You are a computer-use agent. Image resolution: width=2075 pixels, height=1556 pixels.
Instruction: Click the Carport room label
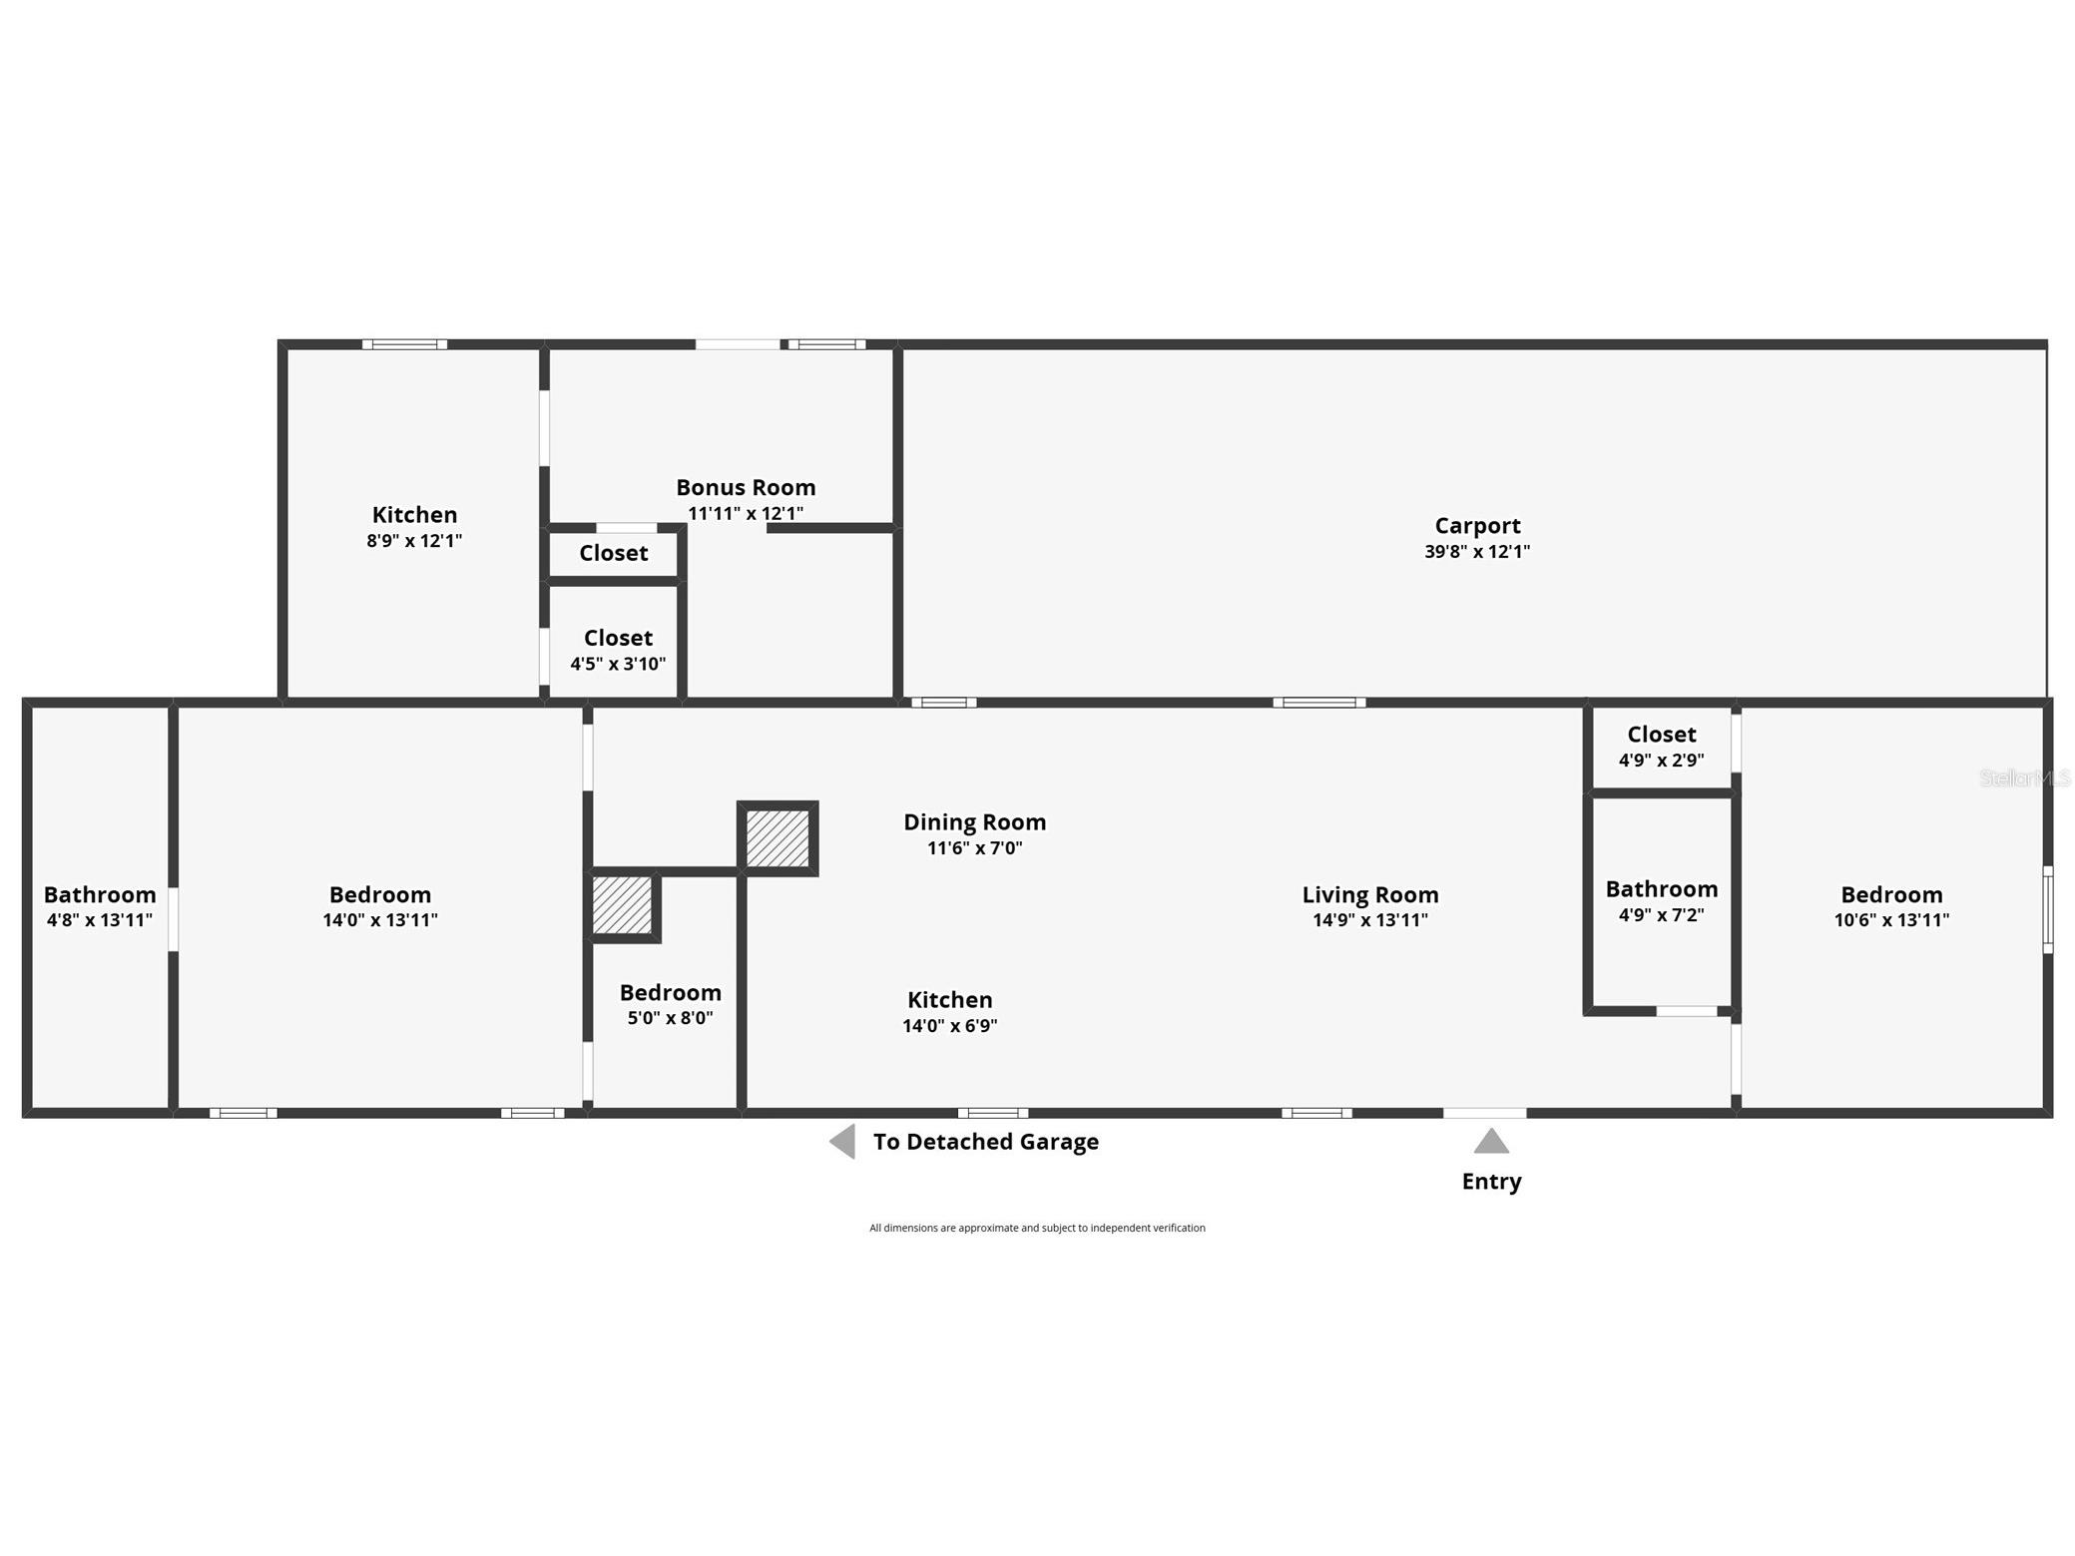click(x=1477, y=525)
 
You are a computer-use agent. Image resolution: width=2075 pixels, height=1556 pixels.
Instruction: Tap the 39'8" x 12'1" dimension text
click(x=1477, y=551)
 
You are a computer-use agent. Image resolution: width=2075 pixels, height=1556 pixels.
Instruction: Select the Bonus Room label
click(x=746, y=487)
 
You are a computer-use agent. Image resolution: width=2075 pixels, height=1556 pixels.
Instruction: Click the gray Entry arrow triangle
click(x=1490, y=1142)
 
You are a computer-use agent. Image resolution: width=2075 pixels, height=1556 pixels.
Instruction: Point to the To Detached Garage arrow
click(x=843, y=1141)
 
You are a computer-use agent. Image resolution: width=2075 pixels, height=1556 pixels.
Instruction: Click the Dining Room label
click(x=974, y=821)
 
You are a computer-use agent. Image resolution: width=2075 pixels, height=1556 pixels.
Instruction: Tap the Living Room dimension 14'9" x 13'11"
click(x=1369, y=920)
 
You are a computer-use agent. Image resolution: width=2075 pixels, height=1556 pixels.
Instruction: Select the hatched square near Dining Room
click(x=778, y=838)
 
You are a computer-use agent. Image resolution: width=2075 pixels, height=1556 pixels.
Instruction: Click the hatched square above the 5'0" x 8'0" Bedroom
click(x=623, y=905)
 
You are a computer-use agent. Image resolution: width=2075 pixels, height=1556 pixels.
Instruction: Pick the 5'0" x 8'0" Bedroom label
click(x=670, y=992)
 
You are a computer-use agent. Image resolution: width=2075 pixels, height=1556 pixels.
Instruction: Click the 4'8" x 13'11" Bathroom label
click(x=100, y=894)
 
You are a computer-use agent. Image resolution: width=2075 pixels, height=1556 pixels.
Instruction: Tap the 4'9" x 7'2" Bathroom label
click(x=1661, y=888)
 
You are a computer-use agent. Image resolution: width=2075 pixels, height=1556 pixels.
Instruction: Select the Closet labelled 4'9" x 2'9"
click(x=1661, y=735)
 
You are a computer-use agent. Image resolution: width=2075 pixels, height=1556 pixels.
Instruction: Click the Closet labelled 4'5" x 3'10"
click(x=618, y=638)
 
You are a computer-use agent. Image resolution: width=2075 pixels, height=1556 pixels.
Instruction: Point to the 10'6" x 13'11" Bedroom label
click(x=1891, y=894)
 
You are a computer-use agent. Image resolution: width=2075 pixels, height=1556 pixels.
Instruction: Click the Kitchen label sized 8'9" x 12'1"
click(x=414, y=515)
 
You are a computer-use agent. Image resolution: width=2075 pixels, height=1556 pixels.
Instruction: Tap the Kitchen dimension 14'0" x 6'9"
click(x=949, y=1026)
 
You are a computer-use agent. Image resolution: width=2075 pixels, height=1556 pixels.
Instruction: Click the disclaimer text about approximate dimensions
click(x=1037, y=1228)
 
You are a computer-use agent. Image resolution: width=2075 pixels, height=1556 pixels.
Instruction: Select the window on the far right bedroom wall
click(x=2047, y=909)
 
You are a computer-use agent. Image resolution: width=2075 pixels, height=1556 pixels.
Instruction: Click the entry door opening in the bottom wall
click(x=1484, y=1113)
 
